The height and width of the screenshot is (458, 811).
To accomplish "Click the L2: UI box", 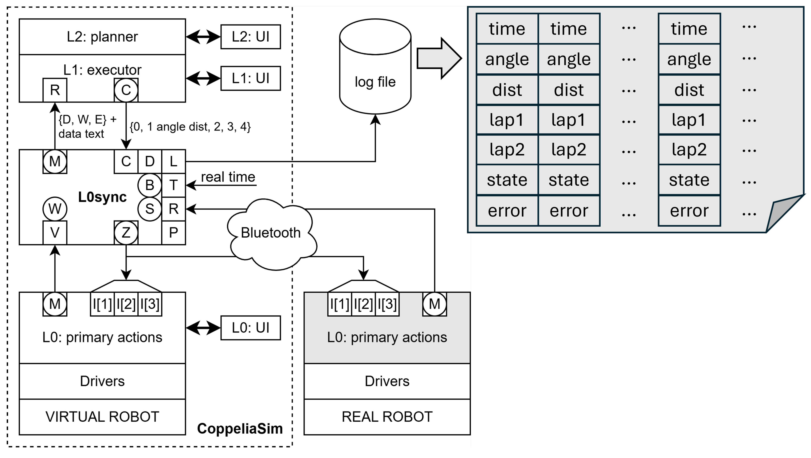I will (x=250, y=37).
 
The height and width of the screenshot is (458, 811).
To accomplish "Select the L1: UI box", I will (x=250, y=78).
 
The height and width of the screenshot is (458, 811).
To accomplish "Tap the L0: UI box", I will (x=250, y=328).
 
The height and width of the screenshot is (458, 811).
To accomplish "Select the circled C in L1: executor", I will (x=126, y=90).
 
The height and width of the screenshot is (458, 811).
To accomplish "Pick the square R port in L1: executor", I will (x=55, y=90).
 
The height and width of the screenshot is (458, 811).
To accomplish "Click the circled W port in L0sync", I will (x=55, y=209).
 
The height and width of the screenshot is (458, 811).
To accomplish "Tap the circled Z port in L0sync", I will (x=126, y=233).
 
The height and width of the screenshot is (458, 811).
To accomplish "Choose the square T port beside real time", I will (x=174, y=185).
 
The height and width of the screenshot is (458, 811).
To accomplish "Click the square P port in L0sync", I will (x=174, y=233).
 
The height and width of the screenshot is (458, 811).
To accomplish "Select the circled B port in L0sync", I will (x=149, y=185).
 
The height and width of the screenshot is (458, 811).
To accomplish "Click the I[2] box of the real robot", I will (x=363, y=304).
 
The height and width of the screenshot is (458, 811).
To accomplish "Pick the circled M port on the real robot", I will (x=434, y=304).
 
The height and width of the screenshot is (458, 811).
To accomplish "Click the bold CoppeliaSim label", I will (x=240, y=429).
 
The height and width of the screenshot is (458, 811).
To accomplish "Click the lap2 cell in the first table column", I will (x=507, y=150).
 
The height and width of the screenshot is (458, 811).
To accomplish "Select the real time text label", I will (x=228, y=177).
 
